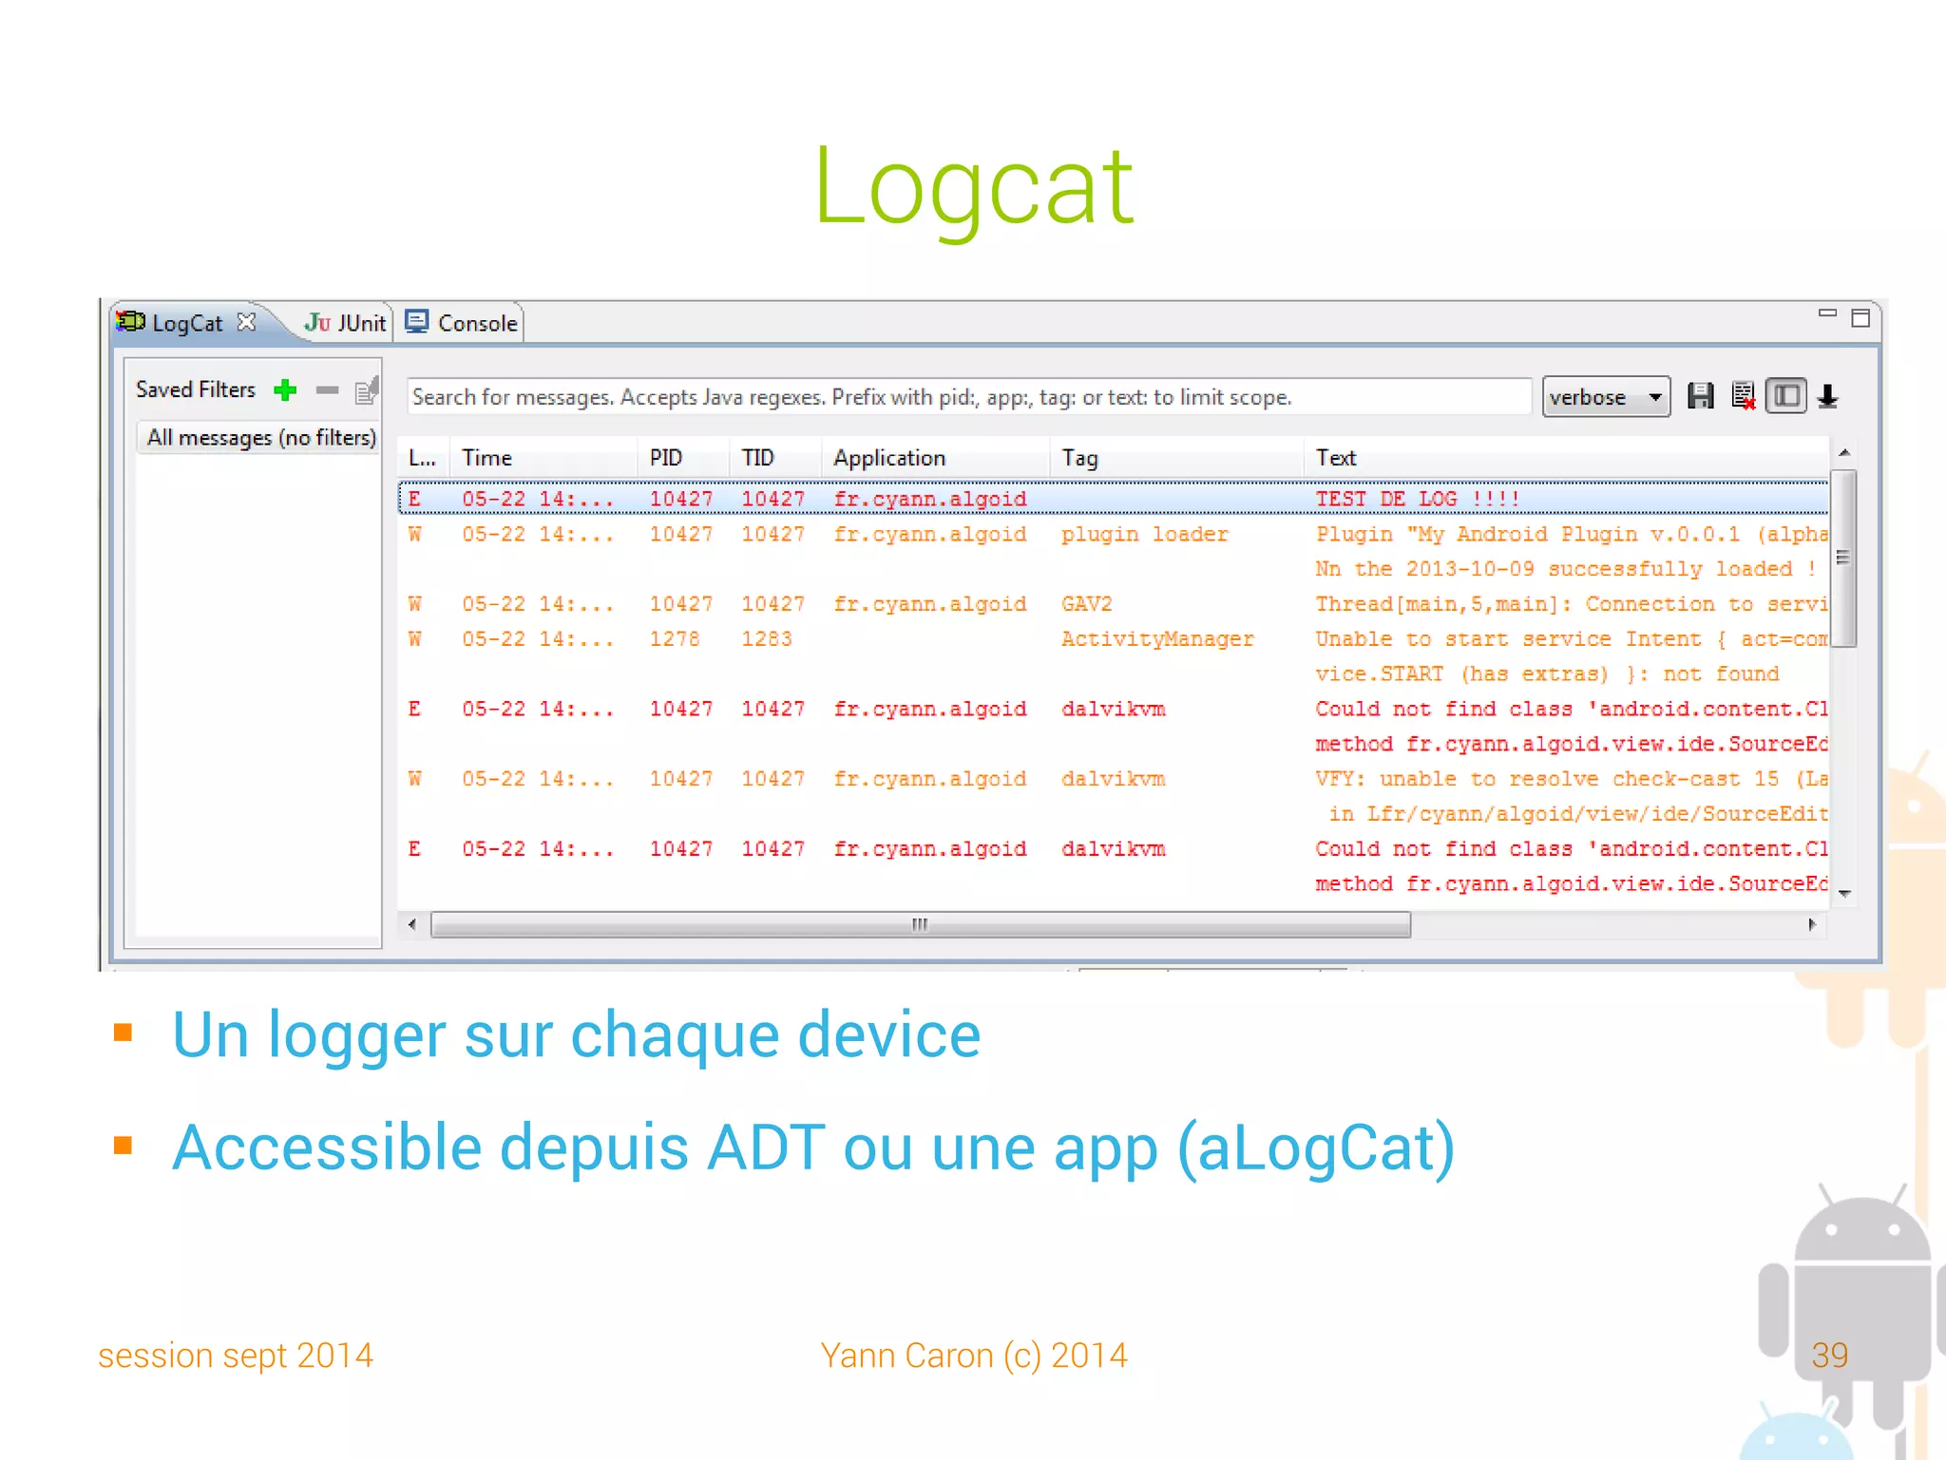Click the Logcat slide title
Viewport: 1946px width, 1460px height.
973,187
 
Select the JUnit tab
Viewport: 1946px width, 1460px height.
346,323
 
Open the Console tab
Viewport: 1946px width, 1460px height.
464,323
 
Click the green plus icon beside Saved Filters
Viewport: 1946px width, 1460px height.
285,389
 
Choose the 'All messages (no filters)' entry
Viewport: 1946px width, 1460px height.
260,438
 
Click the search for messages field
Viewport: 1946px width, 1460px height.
967,397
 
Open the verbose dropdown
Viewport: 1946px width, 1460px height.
1605,397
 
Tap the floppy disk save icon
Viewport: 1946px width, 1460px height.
1700,396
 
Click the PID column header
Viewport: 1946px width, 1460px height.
666,458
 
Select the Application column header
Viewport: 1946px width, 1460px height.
889,458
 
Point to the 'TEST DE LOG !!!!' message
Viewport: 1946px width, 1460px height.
1417,500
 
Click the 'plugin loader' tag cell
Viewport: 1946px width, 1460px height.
1144,535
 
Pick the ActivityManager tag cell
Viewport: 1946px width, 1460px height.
1157,639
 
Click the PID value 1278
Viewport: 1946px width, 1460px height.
674,639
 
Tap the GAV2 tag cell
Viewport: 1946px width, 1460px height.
1086,604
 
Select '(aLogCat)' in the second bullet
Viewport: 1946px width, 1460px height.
1315,1148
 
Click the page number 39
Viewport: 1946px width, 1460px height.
1829,1355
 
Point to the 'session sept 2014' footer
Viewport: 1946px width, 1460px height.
236,1356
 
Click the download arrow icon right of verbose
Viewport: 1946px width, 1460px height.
1827,396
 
